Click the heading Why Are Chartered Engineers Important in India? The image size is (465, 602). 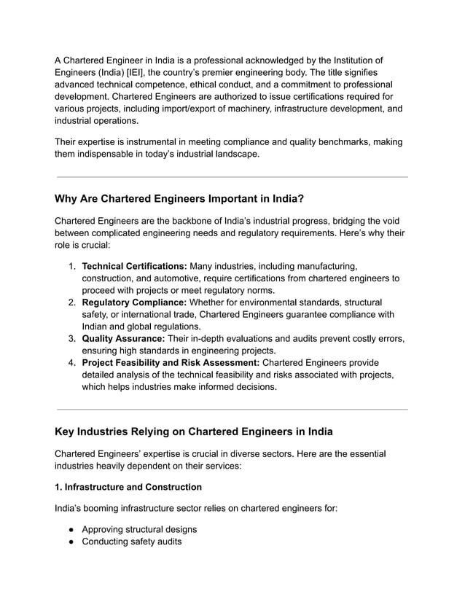click(x=179, y=198)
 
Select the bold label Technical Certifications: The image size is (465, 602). click(x=135, y=266)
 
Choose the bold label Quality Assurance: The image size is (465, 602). click(x=123, y=338)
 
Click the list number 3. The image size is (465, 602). click(x=72, y=338)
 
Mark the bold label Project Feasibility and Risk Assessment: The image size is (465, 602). click(x=170, y=362)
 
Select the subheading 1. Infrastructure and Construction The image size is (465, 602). click(x=128, y=486)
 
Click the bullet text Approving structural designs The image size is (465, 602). click(x=139, y=529)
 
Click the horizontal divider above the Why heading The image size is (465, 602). click(x=232, y=176)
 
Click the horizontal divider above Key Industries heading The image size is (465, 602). click(x=232, y=409)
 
